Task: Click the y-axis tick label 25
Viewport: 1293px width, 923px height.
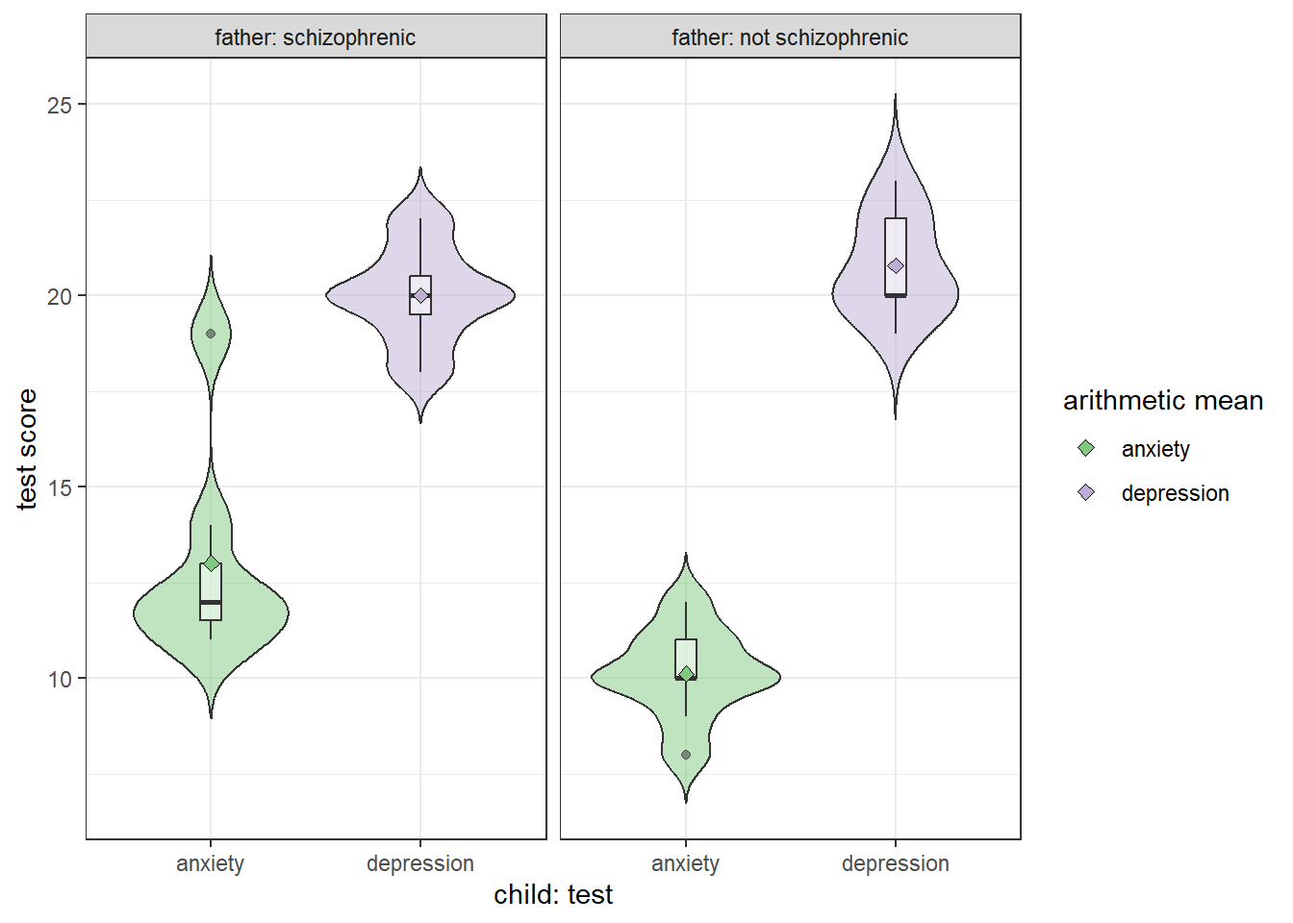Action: click(x=60, y=105)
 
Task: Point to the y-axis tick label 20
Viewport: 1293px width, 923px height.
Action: click(x=60, y=296)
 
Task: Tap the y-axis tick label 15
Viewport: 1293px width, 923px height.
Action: click(x=60, y=487)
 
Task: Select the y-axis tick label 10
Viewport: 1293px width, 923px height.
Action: click(x=60, y=679)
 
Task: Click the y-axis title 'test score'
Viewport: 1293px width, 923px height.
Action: click(x=27, y=449)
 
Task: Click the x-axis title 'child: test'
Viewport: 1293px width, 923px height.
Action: click(x=553, y=895)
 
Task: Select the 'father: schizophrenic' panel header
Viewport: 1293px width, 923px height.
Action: click(x=316, y=37)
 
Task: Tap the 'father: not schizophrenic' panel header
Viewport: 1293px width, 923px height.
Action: click(x=790, y=37)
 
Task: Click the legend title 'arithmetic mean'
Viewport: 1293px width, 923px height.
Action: click(x=1163, y=401)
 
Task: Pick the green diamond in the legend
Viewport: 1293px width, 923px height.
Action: click(x=1086, y=448)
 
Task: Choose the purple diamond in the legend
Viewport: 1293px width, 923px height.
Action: click(x=1086, y=492)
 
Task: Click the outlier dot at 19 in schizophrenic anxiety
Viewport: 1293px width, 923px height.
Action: click(x=211, y=334)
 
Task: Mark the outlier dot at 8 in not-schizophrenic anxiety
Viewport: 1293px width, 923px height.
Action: click(x=686, y=755)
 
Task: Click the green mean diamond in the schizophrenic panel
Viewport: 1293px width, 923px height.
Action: click(x=211, y=563)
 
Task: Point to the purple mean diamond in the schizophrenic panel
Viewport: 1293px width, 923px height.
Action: click(x=420, y=295)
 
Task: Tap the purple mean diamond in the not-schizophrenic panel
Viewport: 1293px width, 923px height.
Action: click(x=896, y=265)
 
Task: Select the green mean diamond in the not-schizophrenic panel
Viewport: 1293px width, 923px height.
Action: click(x=686, y=674)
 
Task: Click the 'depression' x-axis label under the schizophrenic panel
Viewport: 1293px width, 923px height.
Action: click(x=420, y=863)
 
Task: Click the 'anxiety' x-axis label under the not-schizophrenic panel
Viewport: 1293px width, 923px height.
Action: click(x=685, y=863)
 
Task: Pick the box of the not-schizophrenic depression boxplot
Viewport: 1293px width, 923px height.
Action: click(x=896, y=240)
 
